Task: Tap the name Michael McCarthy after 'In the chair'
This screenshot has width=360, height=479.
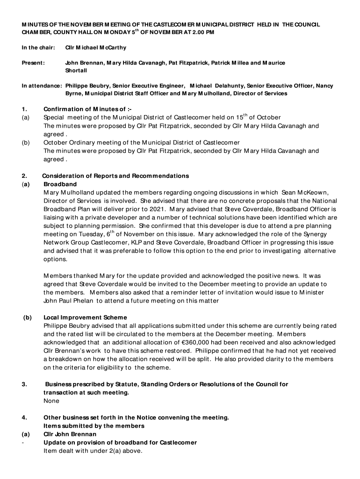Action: (x=96, y=48)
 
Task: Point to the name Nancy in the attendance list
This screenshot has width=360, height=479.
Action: (x=324, y=86)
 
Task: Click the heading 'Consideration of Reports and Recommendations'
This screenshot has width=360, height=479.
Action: (x=115, y=176)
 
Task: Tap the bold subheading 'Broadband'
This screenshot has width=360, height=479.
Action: (x=60, y=184)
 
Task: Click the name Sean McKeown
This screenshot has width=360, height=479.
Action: (x=306, y=193)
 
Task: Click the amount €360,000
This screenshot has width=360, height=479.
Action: (x=208, y=342)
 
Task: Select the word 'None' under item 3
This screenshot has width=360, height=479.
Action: (x=51, y=401)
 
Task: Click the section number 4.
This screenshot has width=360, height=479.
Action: (x=24, y=417)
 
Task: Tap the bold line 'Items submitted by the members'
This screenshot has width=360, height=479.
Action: (x=94, y=426)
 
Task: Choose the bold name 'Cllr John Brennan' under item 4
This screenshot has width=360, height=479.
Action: (x=70, y=434)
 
